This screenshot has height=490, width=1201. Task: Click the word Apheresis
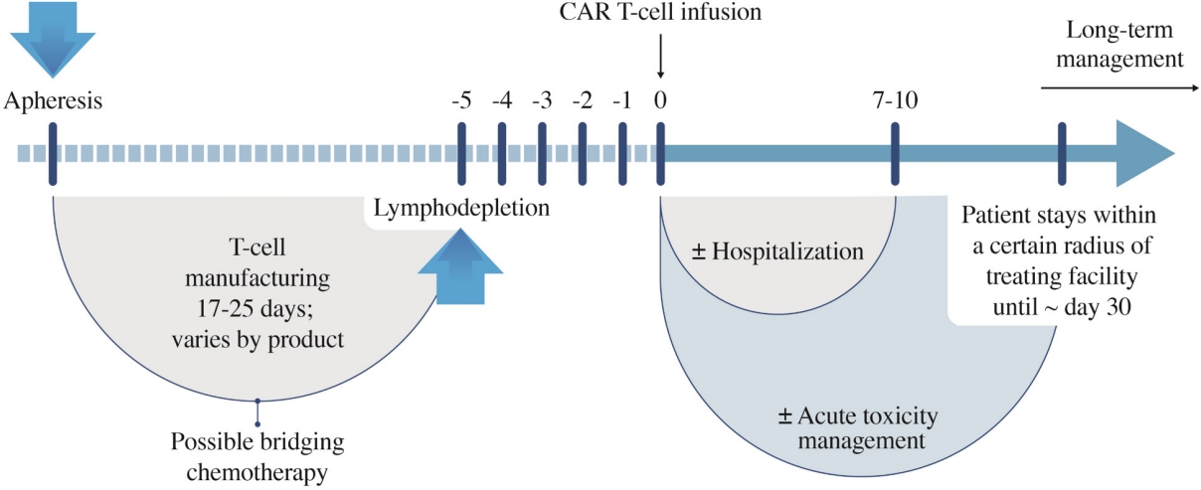53,101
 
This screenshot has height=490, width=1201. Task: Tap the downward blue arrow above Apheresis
53,39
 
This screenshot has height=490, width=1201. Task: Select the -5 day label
461,100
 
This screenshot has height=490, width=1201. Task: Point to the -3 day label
542,100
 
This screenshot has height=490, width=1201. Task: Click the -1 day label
622,100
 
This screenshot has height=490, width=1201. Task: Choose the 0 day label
660,100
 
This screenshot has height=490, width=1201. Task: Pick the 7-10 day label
895,100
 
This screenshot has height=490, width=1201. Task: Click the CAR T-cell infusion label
660,12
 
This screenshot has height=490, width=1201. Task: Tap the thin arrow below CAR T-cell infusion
660,57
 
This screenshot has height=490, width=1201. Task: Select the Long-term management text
1119,44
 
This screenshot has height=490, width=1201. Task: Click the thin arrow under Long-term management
1119,87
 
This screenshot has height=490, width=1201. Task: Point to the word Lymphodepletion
461,208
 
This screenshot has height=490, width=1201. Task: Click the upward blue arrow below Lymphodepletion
460,267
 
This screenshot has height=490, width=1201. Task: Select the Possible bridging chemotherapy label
257,457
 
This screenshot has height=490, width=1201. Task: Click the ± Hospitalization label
777,251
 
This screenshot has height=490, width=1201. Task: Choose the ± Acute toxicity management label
858,427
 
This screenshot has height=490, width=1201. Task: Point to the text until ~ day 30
1062,307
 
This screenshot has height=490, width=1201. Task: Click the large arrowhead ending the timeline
1145,154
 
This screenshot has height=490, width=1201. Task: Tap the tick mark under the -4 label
502,154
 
